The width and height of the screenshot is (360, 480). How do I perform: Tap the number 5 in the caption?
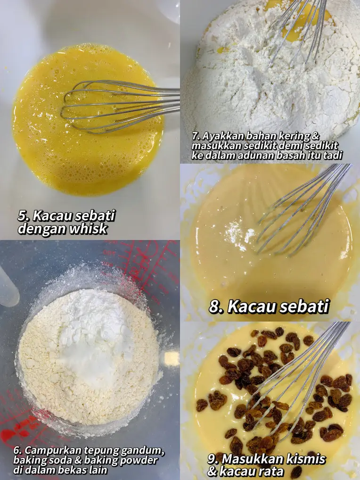point(22,215)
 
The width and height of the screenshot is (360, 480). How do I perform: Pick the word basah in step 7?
point(291,155)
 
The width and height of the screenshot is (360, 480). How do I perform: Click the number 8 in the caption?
point(216,306)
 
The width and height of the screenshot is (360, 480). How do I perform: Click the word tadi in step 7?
point(331,155)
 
